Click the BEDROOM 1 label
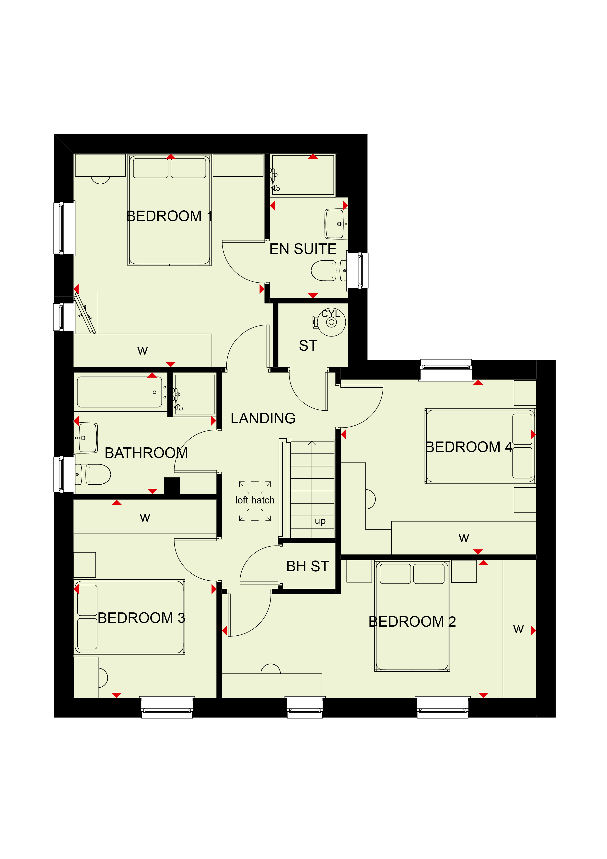pos(169,216)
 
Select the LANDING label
pos(263,418)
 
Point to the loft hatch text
pos(255,500)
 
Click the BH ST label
pos(307,566)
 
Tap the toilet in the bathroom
pos(93,474)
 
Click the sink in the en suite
pos(336,224)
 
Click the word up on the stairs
pos(320,521)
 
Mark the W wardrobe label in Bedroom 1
pos(142,351)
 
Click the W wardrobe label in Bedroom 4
pos(464,538)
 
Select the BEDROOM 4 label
pos(469,447)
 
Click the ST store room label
pos(308,346)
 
